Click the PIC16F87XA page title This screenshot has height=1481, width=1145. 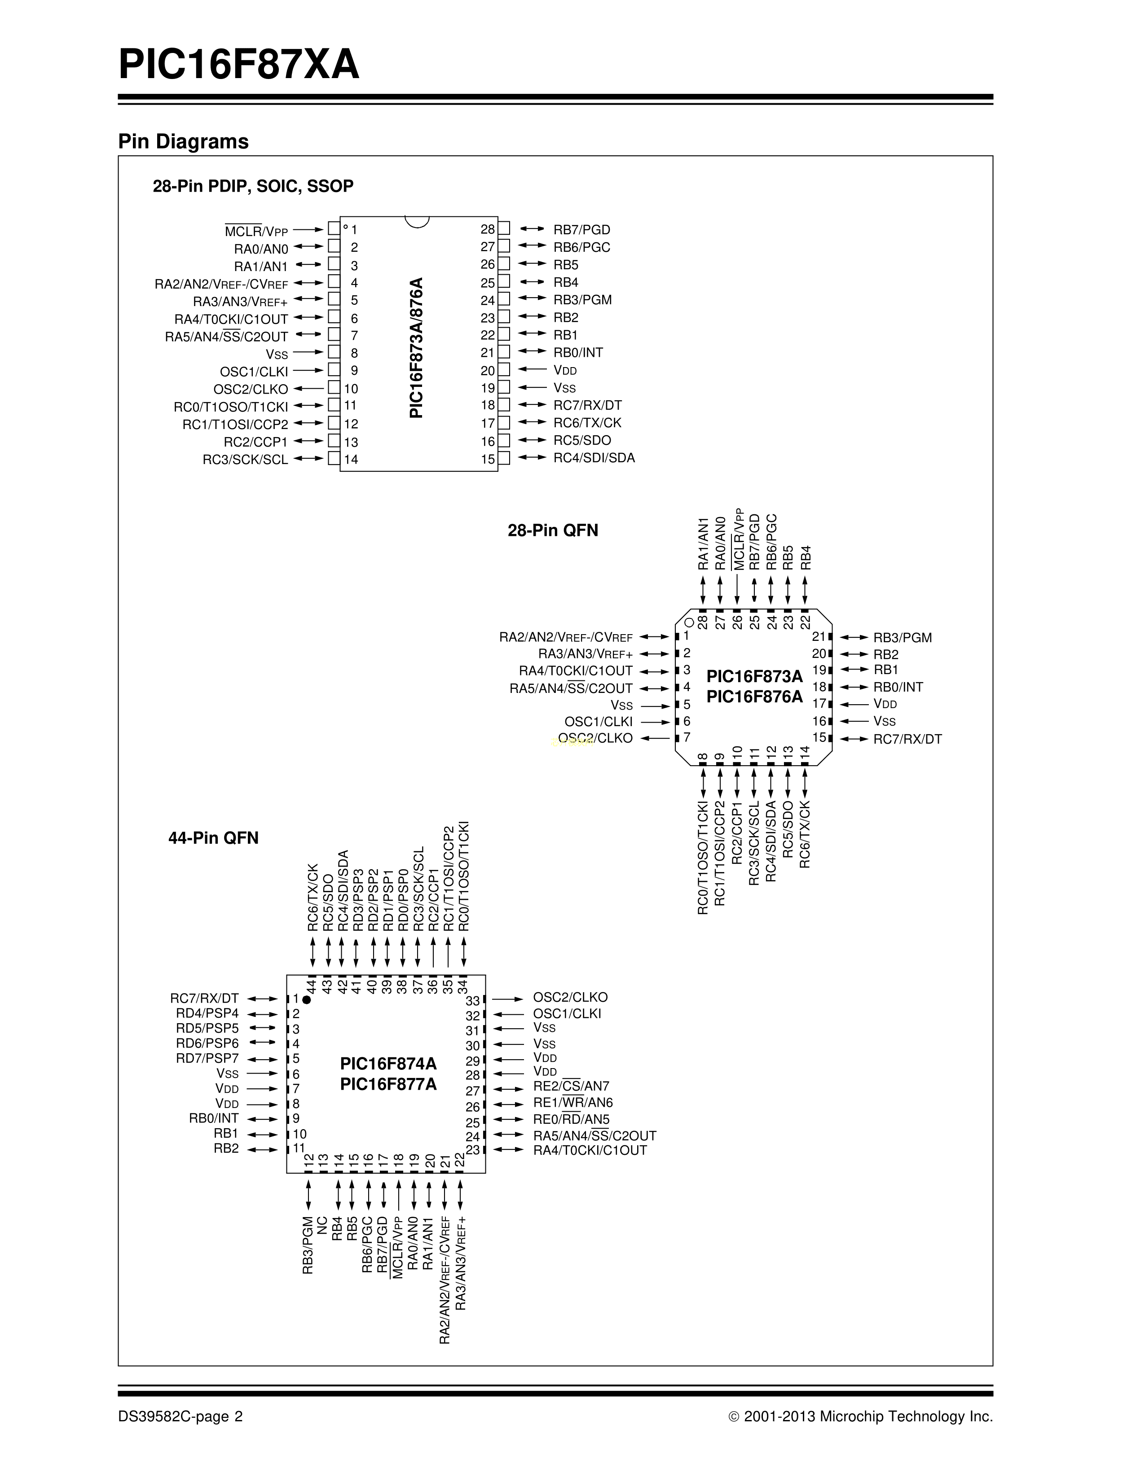tap(239, 65)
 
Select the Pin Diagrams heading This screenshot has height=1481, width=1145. tap(183, 142)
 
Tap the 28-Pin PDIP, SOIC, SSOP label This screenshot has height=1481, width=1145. tap(253, 186)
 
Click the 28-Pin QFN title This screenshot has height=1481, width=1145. tap(553, 530)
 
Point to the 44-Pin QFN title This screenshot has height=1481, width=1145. tap(214, 838)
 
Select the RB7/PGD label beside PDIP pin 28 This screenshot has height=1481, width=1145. tap(581, 230)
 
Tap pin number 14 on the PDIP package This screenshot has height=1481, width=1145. tap(351, 459)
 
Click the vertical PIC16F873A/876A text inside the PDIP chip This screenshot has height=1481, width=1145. tap(417, 347)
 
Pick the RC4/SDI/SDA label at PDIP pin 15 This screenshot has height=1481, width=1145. tap(594, 458)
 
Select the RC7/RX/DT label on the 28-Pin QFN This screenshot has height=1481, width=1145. tap(907, 739)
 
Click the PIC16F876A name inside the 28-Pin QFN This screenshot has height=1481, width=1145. tap(754, 697)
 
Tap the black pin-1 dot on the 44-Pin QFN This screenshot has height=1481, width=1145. tap(307, 999)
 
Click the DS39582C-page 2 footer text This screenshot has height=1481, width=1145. tap(181, 1416)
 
